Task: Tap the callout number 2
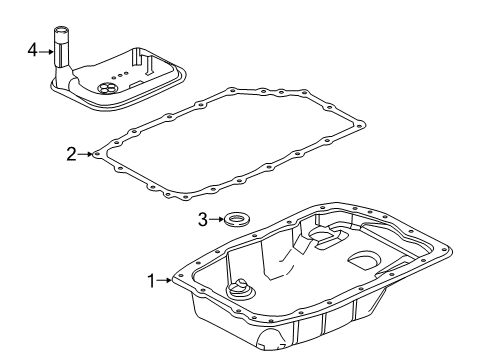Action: (71, 154)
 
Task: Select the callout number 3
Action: (203, 218)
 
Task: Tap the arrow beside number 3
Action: (216, 218)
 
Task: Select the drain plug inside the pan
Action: (239, 293)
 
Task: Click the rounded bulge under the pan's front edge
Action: (267, 347)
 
